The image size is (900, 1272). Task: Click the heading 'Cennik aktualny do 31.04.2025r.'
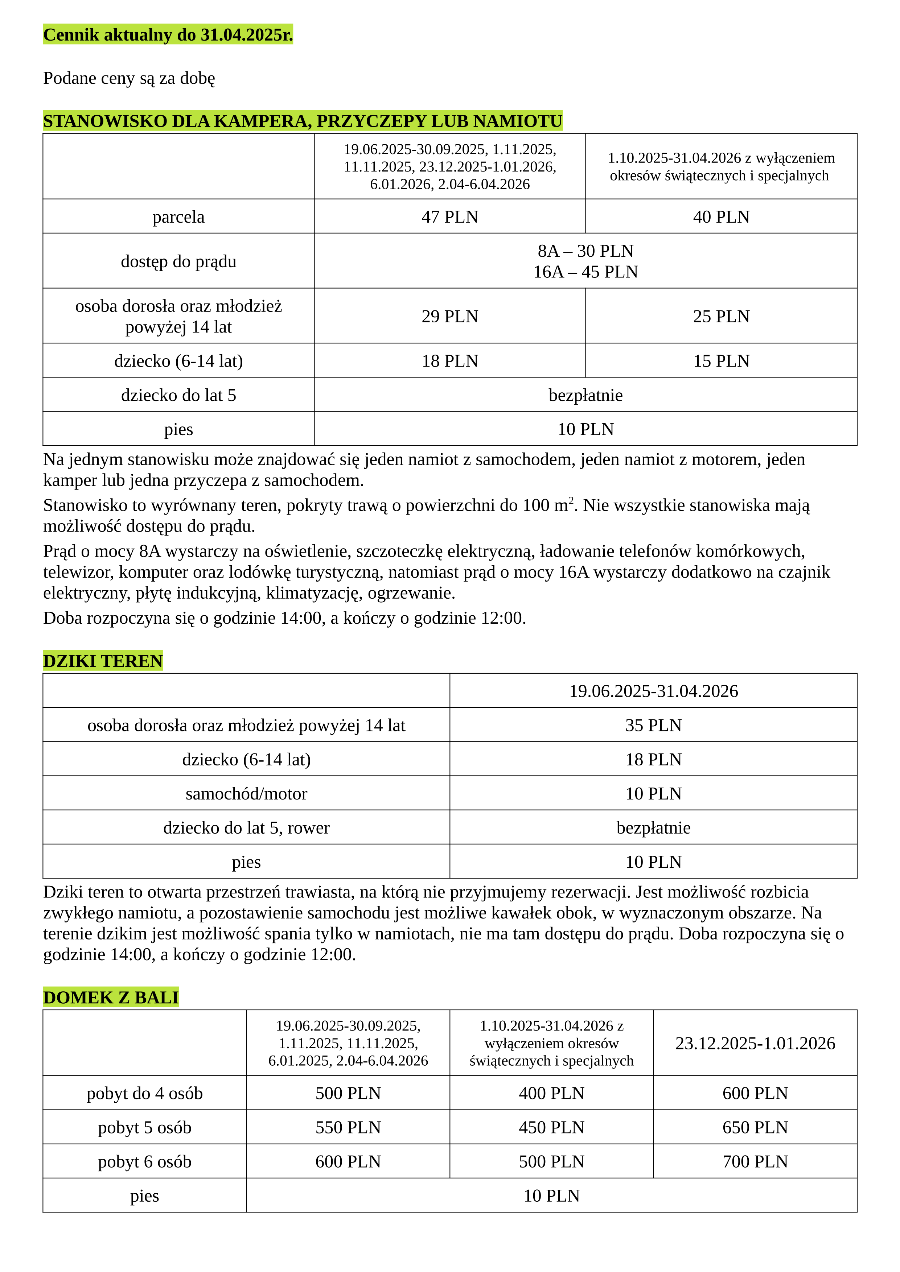click(x=168, y=35)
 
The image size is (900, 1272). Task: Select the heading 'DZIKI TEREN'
click(x=103, y=661)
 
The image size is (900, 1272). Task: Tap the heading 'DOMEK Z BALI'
click(x=111, y=997)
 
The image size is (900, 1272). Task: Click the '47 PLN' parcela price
click(x=449, y=216)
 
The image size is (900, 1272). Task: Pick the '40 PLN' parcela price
click(x=721, y=216)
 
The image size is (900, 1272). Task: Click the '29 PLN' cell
click(x=449, y=316)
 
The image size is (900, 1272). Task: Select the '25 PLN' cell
click(x=721, y=316)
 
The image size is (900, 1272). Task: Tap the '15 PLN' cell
click(x=721, y=361)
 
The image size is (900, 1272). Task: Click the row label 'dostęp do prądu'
click(x=178, y=261)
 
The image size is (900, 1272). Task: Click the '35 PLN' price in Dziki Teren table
click(x=653, y=725)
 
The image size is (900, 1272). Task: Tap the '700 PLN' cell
click(x=755, y=1162)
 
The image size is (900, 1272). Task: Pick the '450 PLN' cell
click(x=551, y=1127)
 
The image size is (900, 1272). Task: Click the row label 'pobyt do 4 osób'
click(x=145, y=1094)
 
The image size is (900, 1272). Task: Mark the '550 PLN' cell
click(x=348, y=1127)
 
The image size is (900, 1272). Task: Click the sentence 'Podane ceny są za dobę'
click(x=129, y=78)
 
